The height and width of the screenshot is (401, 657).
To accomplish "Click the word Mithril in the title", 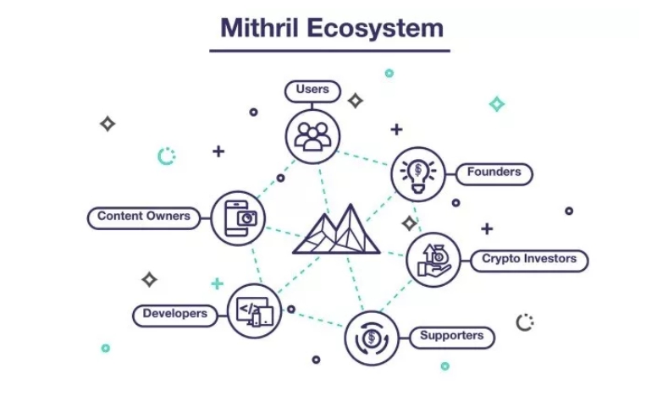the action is [x=259, y=28].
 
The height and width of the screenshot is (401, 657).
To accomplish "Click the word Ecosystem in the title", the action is [x=375, y=29].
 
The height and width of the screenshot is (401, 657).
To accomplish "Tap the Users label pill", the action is [x=312, y=91].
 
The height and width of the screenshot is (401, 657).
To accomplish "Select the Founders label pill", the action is [x=494, y=173].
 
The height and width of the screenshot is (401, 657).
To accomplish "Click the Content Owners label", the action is [x=144, y=218].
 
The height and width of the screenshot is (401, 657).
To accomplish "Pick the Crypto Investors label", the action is [x=529, y=261].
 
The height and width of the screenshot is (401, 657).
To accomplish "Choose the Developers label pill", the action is [x=175, y=316].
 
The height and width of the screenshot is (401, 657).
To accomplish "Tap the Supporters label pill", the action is [x=452, y=338].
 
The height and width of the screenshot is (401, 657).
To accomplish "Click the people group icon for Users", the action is [x=312, y=136].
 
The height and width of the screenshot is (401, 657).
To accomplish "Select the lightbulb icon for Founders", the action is [x=418, y=174].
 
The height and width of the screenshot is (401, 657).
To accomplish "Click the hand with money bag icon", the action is [x=433, y=260].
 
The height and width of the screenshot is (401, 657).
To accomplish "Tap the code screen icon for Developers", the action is [x=254, y=311].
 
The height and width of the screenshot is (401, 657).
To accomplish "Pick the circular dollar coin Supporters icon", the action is [x=372, y=338].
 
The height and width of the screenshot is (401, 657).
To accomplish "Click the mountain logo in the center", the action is [x=336, y=229].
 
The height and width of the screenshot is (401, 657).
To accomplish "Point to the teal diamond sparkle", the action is [x=497, y=104].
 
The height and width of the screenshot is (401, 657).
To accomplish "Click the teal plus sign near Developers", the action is [x=217, y=283].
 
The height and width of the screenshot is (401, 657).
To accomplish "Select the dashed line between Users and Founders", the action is [x=363, y=158].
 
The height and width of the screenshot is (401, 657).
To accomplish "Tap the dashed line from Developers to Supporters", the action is [x=313, y=317].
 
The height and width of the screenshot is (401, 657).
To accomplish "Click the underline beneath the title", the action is [x=329, y=51].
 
